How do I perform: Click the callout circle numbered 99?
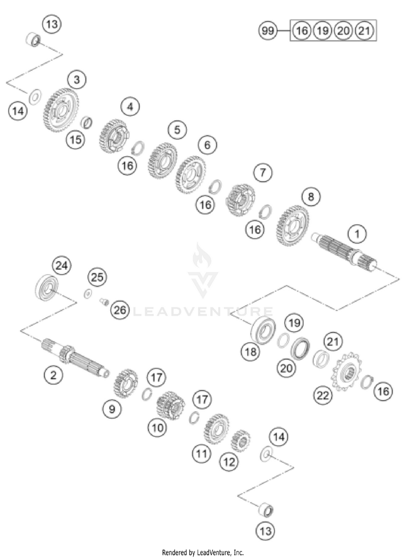click(267, 31)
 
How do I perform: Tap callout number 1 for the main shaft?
click(357, 234)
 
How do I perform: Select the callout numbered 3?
click(77, 80)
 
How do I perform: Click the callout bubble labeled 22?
click(322, 396)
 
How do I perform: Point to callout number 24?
click(61, 266)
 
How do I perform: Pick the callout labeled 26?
click(120, 310)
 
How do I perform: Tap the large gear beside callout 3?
click(61, 110)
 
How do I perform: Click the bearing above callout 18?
click(265, 330)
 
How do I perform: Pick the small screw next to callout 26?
click(103, 302)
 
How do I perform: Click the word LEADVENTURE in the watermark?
click(202, 311)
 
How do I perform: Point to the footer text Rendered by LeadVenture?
click(202, 553)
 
